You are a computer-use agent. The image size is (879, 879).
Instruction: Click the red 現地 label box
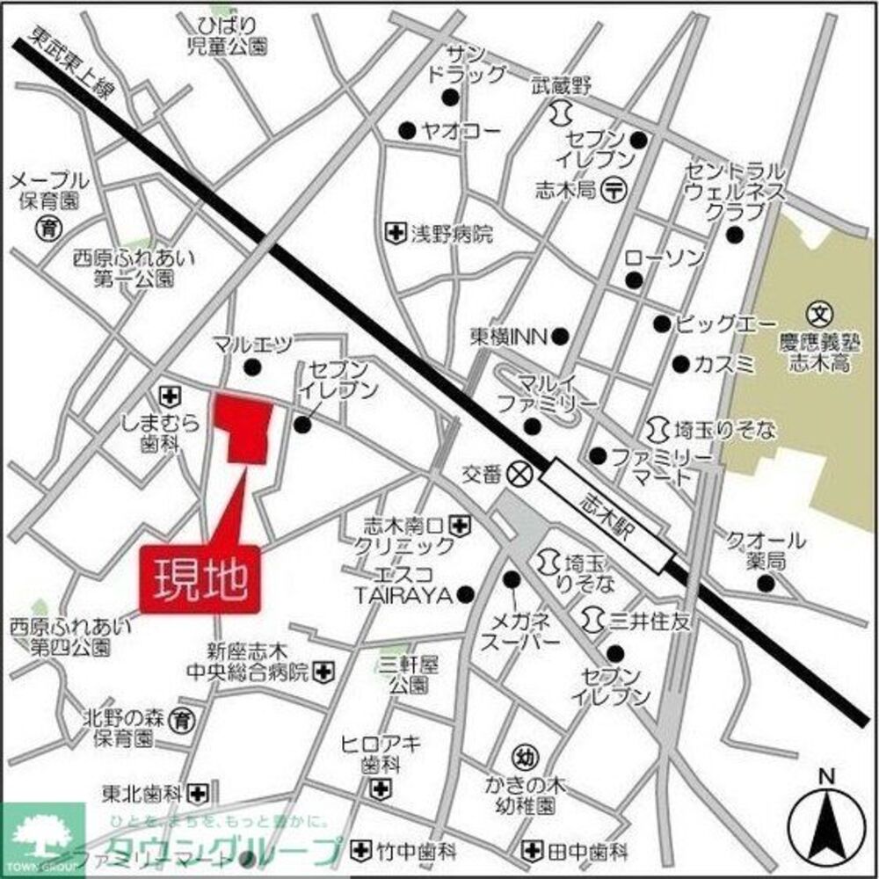[x=199, y=579]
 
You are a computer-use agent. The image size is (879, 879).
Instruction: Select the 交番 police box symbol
[x=520, y=474]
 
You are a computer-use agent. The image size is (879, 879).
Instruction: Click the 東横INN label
[x=507, y=337]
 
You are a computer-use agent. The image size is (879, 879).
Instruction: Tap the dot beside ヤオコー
[x=406, y=132]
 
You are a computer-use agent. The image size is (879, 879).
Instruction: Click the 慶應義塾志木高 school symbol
[x=818, y=312]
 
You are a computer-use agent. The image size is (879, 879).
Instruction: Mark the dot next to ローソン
[x=633, y=280]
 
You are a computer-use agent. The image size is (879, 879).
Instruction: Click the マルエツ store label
[x=251, y=341]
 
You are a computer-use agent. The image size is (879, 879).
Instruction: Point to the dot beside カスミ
[x=679, y=363]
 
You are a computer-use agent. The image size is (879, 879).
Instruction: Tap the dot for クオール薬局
[x=766, y=584]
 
